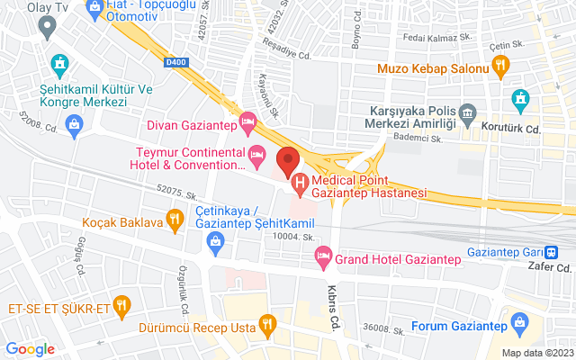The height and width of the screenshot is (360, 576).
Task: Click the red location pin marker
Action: coord(287,160)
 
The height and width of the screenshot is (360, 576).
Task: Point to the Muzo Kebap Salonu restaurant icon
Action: coord(501,65)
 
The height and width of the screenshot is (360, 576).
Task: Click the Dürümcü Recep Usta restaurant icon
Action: coord(266,324)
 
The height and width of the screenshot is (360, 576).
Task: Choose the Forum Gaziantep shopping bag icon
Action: coord(519,322)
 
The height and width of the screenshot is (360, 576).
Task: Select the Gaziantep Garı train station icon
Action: coord(563,253)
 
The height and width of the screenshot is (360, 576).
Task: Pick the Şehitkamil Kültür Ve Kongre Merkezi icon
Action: coord(59,64)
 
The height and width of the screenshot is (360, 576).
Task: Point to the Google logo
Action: coord(31,349)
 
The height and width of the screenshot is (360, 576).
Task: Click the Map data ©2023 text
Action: coord(536,353)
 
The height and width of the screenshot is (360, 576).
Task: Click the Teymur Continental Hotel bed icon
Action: coord(256,155)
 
